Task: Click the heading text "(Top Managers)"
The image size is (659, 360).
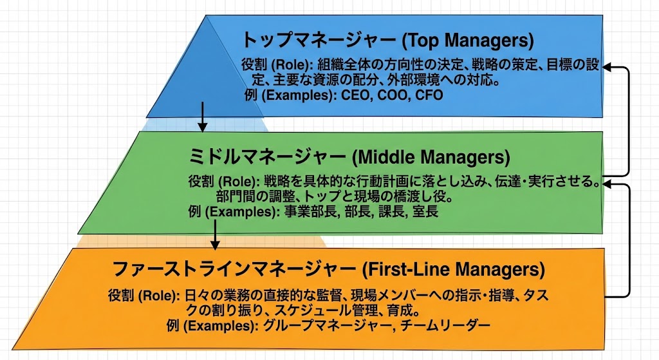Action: point(468,41)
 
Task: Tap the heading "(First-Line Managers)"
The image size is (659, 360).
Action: point(454,267)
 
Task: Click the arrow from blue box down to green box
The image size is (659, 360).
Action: point(203,116)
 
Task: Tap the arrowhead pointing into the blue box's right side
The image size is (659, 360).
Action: point(611,66)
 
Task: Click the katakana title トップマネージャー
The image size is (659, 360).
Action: point(319,41)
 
